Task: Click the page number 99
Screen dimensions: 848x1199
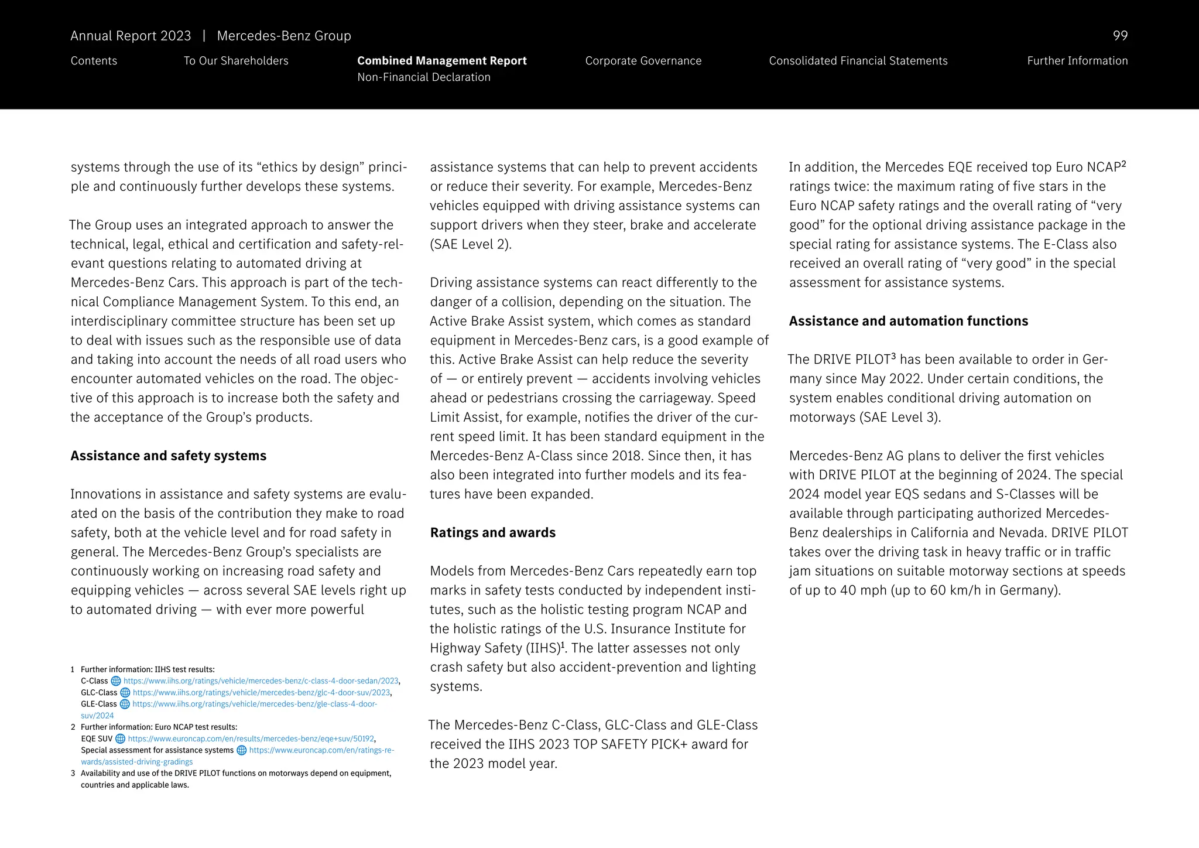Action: [x=1119, y=36]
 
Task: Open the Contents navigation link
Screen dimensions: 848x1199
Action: [x=94, y=61]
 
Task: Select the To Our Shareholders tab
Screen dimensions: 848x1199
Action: [x=236, y=61]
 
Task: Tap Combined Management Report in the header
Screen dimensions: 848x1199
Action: [x=441, y=61]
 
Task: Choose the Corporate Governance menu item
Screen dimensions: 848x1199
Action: [x=643, y=61]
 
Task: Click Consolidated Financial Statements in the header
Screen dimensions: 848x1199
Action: [x=858, y=61]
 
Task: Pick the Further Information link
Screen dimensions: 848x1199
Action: [x=1077, y=61]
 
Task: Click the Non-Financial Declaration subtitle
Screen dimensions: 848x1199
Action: [x=423, y=77]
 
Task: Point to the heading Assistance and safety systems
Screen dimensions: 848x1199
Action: [x=168, y=456]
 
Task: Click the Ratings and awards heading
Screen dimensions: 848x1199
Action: [x=492, y=532]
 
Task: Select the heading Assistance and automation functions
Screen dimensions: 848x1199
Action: [x=908, y=321]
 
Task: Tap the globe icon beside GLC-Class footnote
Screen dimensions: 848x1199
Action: [x=125, y=693]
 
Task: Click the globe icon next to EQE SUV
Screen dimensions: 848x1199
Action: [x=121, y=739]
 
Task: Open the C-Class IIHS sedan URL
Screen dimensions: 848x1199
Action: [x=261, y=681]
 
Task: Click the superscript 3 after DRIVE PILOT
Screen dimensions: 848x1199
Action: [x=893, y=356]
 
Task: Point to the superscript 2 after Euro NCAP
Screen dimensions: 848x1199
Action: [x=1123, y=164]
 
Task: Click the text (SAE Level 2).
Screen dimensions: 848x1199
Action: [x=471, y=244]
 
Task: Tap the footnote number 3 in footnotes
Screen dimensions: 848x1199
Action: [x=73, y=774]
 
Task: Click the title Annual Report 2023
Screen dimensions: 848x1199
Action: [x=131, y=36]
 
